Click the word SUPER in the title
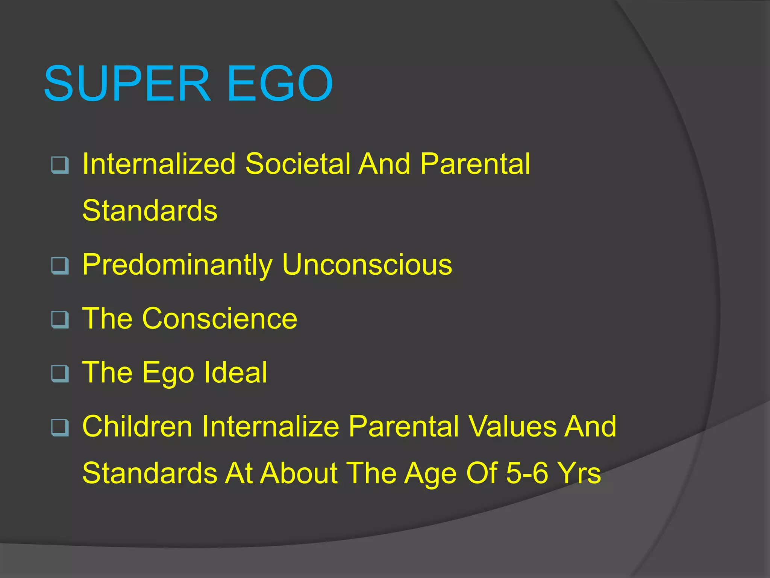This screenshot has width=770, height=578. click(x=127, y=84)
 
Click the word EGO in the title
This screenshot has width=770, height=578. click(x=280, y=84)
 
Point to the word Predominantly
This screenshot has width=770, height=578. click(x=177, y=265)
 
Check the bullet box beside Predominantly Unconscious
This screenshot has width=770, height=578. click(x=60, y=266)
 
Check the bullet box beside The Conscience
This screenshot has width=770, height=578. click(x=60, y=319)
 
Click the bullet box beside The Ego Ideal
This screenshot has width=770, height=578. click(x=60, y=373)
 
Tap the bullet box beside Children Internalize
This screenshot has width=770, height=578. click(x=60, y=427)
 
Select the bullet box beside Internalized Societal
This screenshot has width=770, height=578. click(x=60, y=165)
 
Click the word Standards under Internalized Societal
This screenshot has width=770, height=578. click(x=150, y=210)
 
